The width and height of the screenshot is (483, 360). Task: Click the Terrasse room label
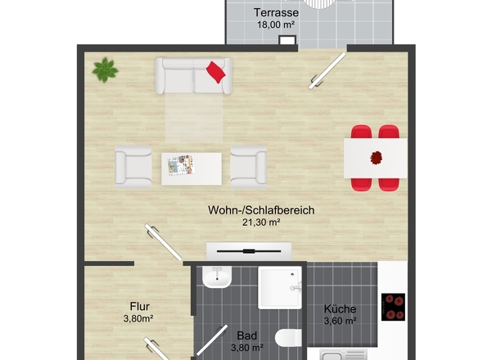(276, 12)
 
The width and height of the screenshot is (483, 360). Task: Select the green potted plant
(105, 70)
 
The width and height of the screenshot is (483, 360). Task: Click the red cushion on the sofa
(215, 72)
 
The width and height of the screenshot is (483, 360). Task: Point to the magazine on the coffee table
(182, 164)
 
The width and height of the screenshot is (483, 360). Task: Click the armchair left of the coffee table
(133, 167)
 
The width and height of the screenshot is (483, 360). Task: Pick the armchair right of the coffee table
(249, 167)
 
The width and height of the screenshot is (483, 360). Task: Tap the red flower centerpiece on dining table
(376, 158)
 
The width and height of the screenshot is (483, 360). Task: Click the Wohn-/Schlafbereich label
(261, 210)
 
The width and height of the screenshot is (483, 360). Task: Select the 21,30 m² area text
(261, 222)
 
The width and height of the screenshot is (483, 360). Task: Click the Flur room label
(140, 307)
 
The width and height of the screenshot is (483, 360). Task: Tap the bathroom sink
(217, 277)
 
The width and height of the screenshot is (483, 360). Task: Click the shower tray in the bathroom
(280, 288)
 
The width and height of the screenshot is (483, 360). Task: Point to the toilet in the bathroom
(288, 338)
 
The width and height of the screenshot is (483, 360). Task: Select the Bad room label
(247, 335)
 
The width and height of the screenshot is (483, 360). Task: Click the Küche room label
(340, 309)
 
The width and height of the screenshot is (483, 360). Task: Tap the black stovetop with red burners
(393, 307)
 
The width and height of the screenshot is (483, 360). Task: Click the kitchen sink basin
(332, 356)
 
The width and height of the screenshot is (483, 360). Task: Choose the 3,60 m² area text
(340, 321)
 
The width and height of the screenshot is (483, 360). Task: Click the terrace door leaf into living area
(327, 71)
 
